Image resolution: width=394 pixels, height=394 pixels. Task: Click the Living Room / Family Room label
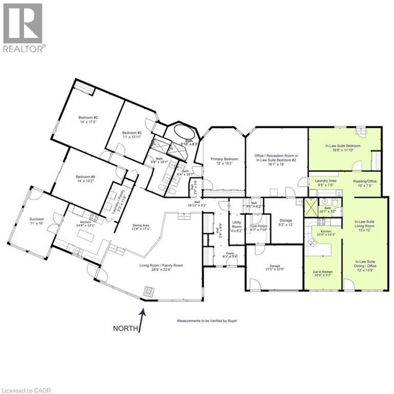click(x=161, y=266)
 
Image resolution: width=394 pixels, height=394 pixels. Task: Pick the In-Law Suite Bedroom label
click(x=343, y=146)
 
